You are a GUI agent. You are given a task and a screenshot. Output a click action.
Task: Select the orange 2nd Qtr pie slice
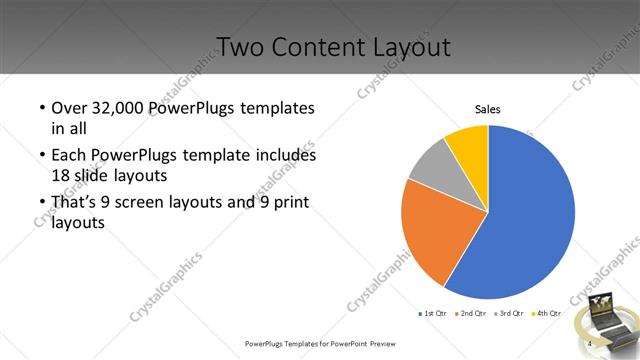(435, 235)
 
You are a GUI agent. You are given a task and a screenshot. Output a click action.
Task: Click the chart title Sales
(487, 109)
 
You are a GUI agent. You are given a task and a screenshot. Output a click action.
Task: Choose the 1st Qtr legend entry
(433, 314)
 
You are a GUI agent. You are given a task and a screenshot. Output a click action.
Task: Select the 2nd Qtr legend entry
(470, 314)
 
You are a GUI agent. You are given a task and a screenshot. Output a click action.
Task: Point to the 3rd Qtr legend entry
(508, 314)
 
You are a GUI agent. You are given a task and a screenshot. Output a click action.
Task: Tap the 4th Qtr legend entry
(545, 314)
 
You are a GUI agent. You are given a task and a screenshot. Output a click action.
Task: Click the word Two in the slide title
(241, 46)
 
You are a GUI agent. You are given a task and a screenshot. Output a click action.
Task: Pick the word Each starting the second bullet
(70, 156)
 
